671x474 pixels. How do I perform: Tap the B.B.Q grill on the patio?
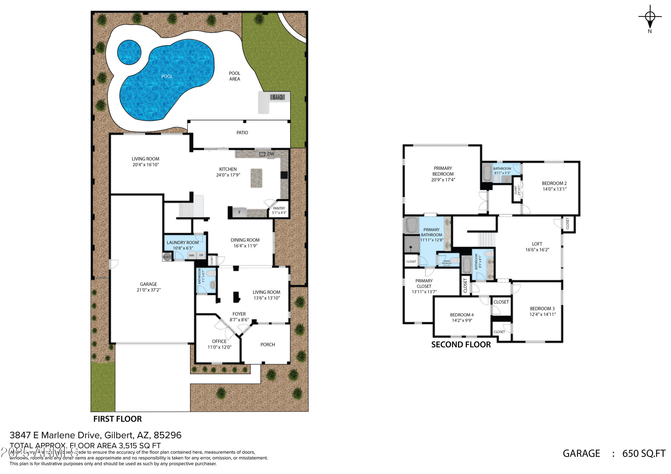pos(278,97)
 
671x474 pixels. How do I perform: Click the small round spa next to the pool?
pos(129,53)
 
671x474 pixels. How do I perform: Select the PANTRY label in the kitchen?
pos(279,208)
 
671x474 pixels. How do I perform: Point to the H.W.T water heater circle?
pos(167,257)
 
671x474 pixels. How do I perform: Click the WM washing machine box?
pos(191,255)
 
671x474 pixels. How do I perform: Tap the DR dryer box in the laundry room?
pos(201,255)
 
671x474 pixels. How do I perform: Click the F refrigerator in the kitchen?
pos(239,212)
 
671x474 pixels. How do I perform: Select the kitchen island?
pos(256,178)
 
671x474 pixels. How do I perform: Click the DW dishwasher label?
pos(271,154)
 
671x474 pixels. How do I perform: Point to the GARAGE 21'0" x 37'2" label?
pos(149,287)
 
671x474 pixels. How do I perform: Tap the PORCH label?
pos(268,345)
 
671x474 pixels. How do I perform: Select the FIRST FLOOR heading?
pos(117,419)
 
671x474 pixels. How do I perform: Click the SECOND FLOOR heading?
pos(461,345)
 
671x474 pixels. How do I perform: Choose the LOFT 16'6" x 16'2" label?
pos(537,247)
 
